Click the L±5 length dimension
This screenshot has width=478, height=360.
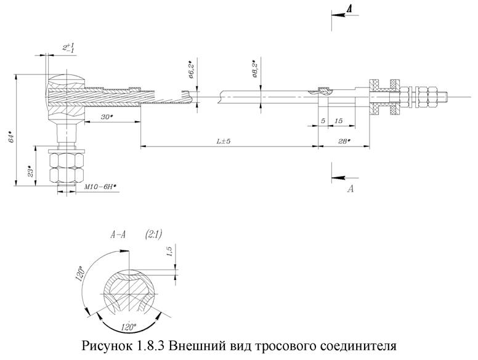click(224, 142)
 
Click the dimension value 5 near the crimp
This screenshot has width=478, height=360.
click(323, 121)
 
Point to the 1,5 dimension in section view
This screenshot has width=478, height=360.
click(169, 253)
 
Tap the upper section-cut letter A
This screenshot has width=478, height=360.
click(349, 9)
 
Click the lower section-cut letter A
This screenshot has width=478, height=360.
click(350, 189)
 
